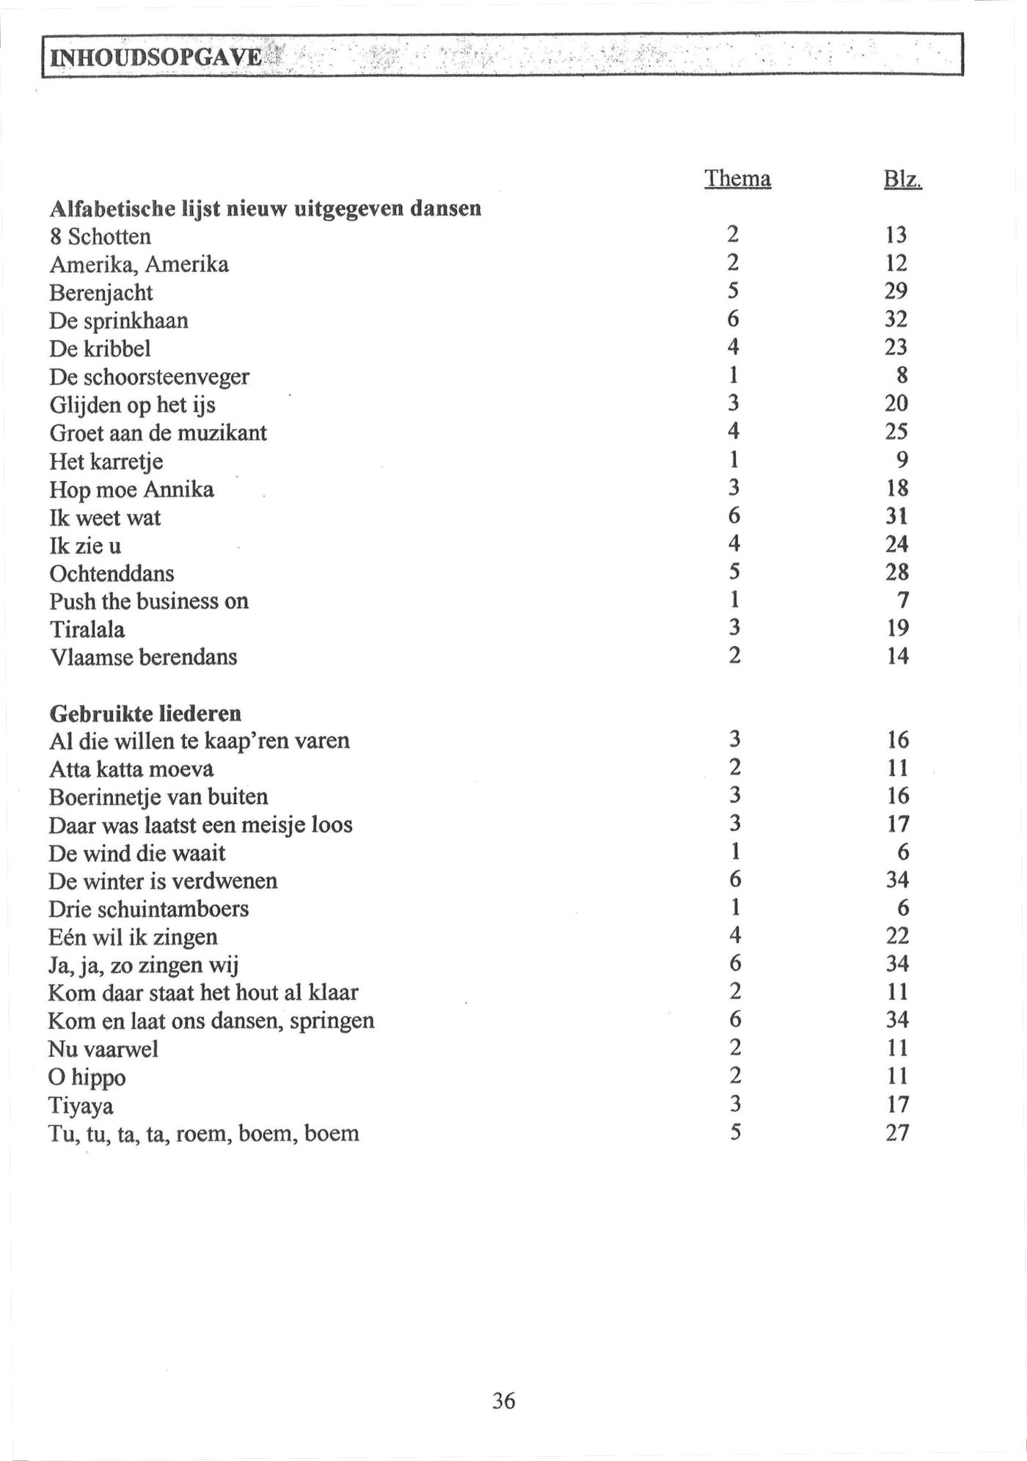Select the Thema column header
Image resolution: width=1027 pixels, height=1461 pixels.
[x=737, y=178]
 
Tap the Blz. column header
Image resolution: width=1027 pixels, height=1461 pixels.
[x=902, y=179]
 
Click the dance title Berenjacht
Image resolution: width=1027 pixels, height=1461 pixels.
[x=101, y=293]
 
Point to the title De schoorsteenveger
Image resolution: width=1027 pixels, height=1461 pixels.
[x=149, y=377]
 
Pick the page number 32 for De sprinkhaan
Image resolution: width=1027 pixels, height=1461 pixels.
[x=896, y=319]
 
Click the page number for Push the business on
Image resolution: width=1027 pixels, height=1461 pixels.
[x=903, y=601]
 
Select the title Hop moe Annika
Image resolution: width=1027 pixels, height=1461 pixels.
[x=131, y=489]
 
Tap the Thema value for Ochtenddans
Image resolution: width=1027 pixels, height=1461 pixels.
[x=734, y=571]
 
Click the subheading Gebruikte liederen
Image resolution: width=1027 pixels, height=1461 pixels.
[x=145, y=714]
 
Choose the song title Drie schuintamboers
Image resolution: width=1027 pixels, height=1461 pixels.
[x=148, y=909]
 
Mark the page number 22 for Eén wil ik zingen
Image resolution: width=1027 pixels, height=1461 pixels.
[x=897, y=936]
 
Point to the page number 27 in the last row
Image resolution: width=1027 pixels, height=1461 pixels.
[x=897, y=1133]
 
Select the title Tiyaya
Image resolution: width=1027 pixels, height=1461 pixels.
[x=81, y=1105]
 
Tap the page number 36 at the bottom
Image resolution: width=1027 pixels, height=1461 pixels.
[x=503, y=1402]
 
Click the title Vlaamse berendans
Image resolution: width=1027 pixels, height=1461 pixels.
[x=143, y=657]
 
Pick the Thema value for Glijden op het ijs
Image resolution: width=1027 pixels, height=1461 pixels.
[x=734, y=403]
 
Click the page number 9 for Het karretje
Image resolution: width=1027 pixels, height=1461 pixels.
[x=902, y=460]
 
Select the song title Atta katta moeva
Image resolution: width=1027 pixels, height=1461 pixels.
[x=131, y=769]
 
